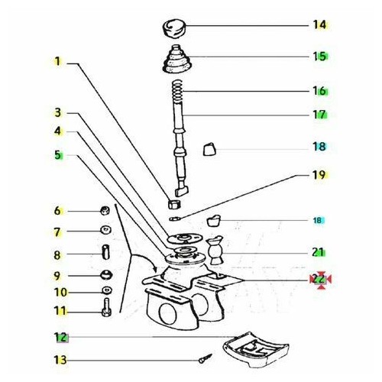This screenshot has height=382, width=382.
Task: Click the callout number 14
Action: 319,24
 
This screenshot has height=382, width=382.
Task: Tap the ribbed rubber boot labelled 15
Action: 176,60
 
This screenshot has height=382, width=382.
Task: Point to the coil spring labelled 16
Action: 177,91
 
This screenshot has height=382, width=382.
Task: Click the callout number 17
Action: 319,115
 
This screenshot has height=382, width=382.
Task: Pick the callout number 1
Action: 58,61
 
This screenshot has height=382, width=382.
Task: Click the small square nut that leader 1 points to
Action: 174,204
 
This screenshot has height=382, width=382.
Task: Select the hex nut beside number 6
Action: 105,210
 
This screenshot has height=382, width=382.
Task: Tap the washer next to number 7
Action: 105,230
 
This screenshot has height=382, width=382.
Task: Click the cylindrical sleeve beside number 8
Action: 106,252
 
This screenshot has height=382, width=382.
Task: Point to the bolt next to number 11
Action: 106,307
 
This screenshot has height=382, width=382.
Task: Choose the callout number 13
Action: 60,360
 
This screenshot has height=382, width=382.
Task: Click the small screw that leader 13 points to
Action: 205,358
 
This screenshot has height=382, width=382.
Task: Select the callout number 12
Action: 60,337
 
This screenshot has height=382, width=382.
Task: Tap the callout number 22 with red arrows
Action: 319,279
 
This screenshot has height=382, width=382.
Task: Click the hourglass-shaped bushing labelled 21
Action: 215,251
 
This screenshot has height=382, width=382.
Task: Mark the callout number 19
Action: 319,175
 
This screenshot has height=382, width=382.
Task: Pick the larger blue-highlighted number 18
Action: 319,147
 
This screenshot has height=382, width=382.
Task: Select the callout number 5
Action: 58,154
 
